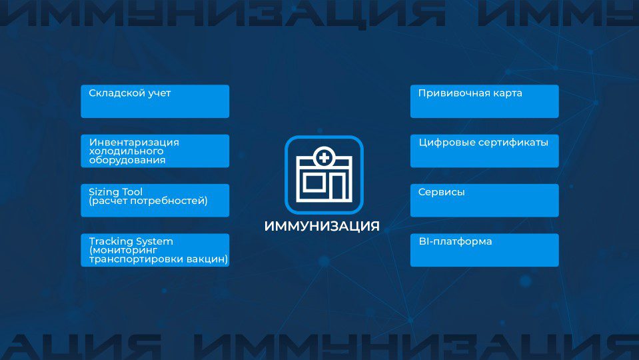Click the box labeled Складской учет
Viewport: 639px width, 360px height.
click(x=155, y=101)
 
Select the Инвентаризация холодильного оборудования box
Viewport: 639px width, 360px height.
click(x=155, y=151)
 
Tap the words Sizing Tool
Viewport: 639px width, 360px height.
click(x=116, y=191)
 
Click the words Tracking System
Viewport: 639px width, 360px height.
click(x=131, y=241)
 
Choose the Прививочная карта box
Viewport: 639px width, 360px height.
click(x=484, y=101)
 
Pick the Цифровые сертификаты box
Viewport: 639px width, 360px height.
click(x=484, y=151)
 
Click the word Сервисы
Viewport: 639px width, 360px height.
click(x=441, y=192)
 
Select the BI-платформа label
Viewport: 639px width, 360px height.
click(x=455, y=241)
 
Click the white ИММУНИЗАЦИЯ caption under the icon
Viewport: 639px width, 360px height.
click(x=322, y=226)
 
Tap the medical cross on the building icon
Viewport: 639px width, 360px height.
click(x=324, y=157)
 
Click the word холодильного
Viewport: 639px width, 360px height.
click(x=127, y=151)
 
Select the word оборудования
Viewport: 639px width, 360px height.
click(x=127, y=160)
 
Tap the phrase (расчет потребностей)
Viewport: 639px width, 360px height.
click(x=148, y=201)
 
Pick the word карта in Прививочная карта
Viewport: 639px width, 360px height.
click(x=507, y=93)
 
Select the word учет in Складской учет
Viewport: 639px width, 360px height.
click(x=159, y=93)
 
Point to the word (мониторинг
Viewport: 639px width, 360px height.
click(x=123, y=250)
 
